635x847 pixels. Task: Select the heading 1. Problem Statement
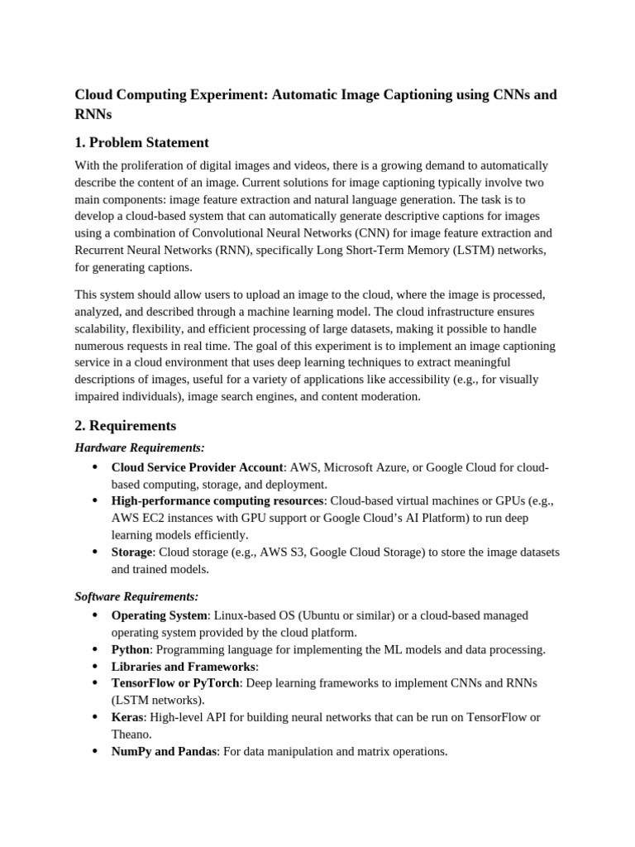(141, 142)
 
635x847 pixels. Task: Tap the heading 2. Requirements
(125, 426)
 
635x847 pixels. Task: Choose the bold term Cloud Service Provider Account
(197, 467)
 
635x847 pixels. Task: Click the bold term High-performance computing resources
(217, 500)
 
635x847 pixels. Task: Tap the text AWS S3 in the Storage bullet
(279, 552)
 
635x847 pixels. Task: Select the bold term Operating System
(159, 615)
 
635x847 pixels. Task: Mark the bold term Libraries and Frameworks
(183, 666)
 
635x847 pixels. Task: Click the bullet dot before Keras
(94, 717)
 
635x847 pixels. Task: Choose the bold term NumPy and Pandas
(164, 751)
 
